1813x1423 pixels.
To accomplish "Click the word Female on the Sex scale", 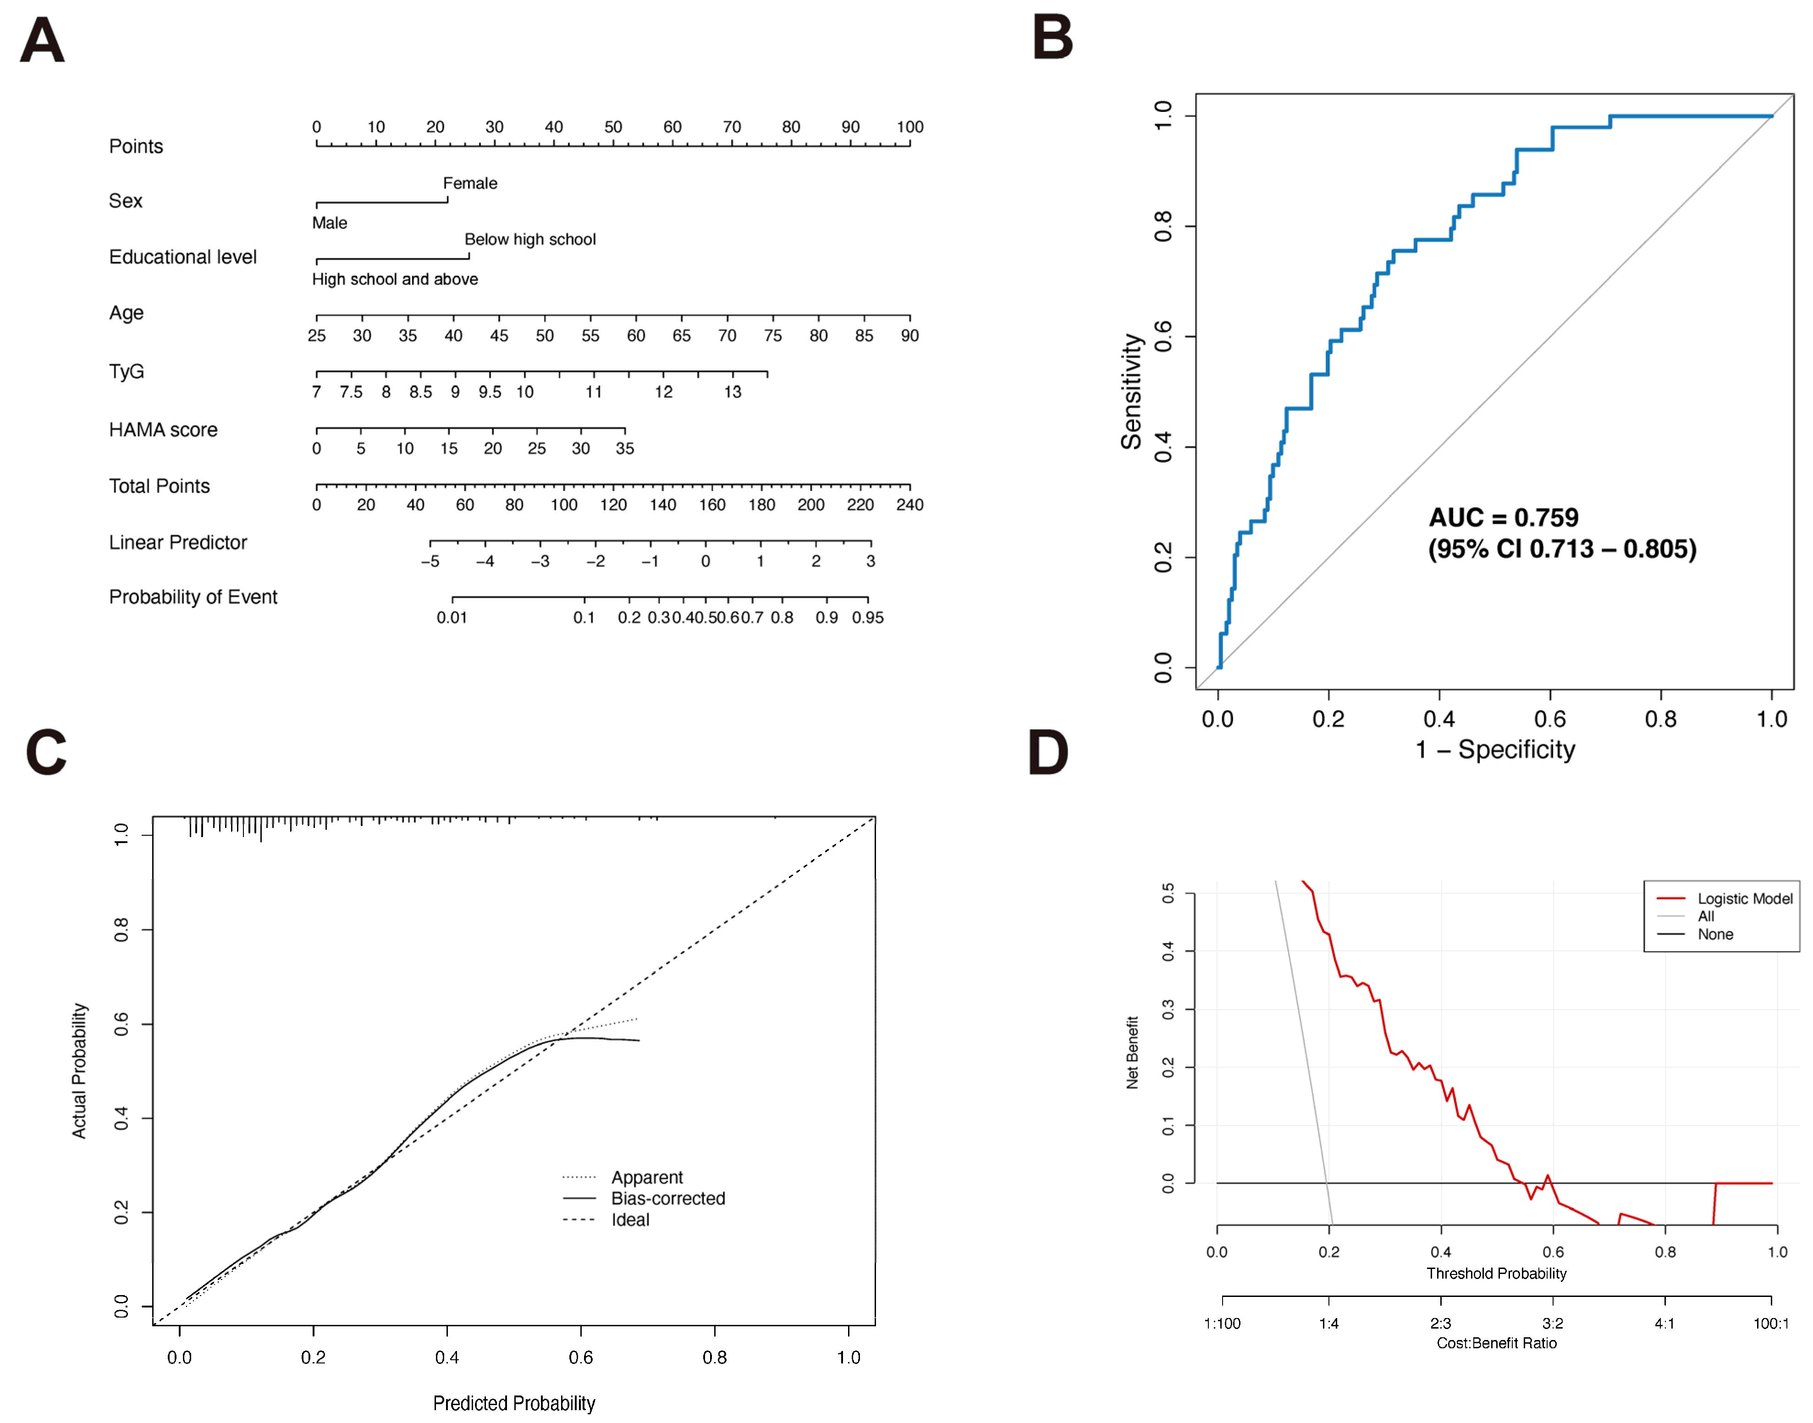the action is [470, 183].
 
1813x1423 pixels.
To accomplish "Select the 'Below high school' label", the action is [530, 239].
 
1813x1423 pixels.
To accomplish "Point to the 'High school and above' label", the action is [395, 279].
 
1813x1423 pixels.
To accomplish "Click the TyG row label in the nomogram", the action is [127, 372].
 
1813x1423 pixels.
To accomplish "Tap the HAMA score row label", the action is [163, 430].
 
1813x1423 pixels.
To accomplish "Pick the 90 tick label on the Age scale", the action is [910, 336].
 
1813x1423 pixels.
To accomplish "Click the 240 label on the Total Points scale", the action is [910, 505].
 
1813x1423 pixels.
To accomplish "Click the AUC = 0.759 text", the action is [1504, 518].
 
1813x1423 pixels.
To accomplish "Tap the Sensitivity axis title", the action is [1130, 392].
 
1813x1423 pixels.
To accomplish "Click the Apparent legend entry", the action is [647, 1177].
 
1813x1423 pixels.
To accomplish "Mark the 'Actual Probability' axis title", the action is [79, 1070].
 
